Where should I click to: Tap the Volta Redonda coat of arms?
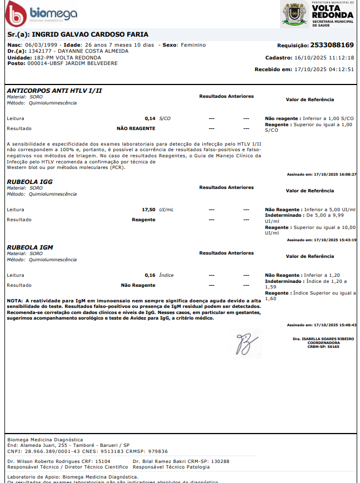(x=295, y=14)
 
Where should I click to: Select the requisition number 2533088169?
(x=332, y=45)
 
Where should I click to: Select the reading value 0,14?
(x=150, y=118)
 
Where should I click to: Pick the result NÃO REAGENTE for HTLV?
(x=136, y=128)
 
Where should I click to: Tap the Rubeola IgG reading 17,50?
(x=149, y=210)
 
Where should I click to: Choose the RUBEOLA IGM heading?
(x=30, y=247)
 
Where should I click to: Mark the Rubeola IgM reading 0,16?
(x=150, y=275)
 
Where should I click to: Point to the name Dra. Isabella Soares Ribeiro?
(x=323, y=338)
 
